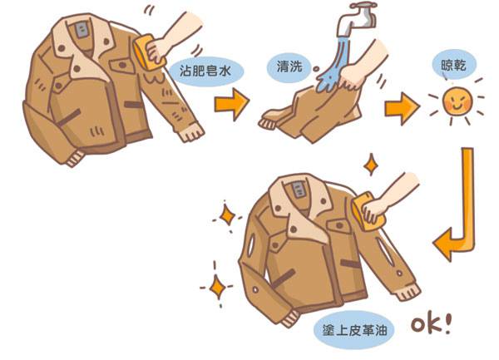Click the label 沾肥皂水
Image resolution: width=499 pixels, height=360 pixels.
(205, 71)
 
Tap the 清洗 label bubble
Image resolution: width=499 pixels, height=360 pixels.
(289, 67)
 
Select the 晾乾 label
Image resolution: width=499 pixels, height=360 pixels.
(453, 65)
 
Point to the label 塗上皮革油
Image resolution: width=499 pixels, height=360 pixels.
(354, 331)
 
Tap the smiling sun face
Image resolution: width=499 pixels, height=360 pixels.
(457, 101)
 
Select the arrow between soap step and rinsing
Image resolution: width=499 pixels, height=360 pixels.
(231, 104)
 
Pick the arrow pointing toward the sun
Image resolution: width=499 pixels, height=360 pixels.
(402, 108)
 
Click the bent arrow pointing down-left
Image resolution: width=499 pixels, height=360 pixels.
(467, 223)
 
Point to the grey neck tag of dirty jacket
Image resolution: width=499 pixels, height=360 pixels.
(82, 31)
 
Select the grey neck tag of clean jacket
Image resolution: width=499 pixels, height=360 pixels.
(299, 190)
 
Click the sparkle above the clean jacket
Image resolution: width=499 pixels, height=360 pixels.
(371, 165)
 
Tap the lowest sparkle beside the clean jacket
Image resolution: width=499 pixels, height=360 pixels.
(218, 287)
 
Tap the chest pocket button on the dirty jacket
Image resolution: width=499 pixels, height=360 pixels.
(123, 65)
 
